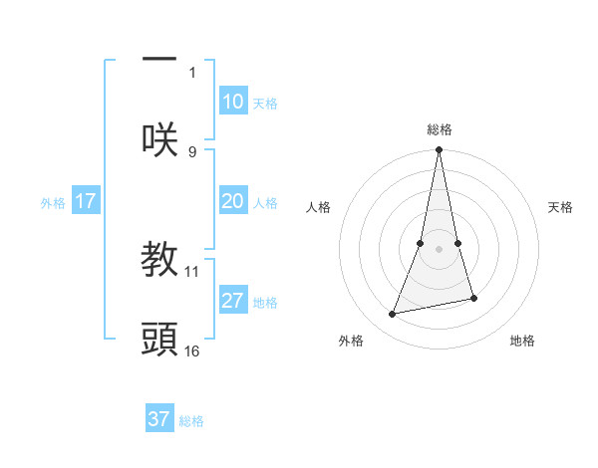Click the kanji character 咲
coord(159,138)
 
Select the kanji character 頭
coord(159,339)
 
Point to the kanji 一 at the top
coord(159,58)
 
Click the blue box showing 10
coord(232,102)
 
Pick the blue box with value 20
coord(232,201)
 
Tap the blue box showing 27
coord(232,301)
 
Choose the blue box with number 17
coord(85,201)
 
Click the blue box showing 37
coord(158,419)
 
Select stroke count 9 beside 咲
coord(192,151)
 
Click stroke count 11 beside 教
coord(192,270)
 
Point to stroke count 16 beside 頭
coord(192,351)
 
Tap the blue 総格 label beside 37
coord(191,421)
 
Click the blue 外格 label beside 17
coord(53,203)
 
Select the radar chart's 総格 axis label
coord(439,129)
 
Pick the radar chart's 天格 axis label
coord(560,207)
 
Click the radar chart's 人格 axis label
coord(318,207)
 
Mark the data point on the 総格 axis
coord(439,150)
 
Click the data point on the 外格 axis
coord(393,315)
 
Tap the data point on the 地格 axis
coord(473,298)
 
